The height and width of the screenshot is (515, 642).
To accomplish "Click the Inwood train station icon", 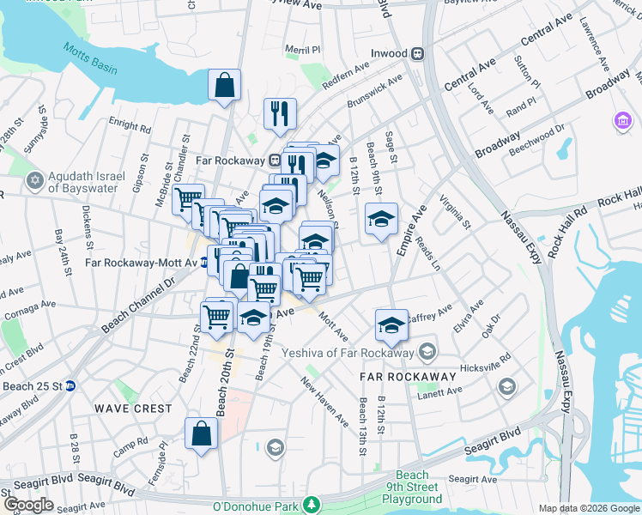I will pos(418,53).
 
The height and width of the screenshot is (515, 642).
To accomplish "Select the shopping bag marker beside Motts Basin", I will pos(224,86).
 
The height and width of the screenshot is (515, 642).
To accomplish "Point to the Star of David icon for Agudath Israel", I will pos(35,181).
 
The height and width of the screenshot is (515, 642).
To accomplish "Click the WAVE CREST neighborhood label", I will pos(133,409).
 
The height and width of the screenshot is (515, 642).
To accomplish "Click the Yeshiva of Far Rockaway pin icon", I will pos(427,352).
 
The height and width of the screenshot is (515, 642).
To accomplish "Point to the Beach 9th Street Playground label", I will pos(412,487).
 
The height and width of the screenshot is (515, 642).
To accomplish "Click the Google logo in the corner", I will pos(28,505).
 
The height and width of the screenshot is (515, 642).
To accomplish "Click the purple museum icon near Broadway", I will pos(621,122).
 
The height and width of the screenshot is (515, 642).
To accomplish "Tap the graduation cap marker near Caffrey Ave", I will pos(391,324).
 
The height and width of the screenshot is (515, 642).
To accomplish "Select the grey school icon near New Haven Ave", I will pos(275,447).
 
